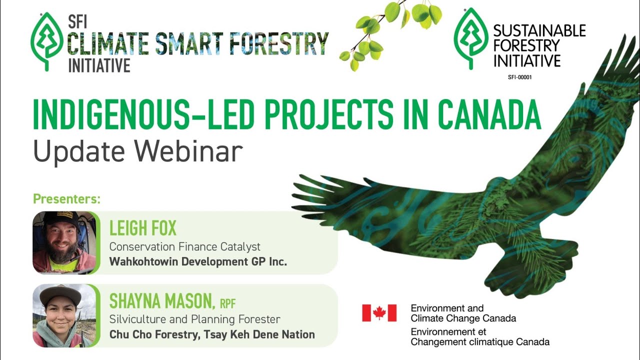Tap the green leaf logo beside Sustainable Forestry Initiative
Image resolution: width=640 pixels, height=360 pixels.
click(x=470, y=38)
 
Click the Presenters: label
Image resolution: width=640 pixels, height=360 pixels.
click(x=67, y=199)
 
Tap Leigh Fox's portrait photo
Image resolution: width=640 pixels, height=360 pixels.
click(x=64, y=242)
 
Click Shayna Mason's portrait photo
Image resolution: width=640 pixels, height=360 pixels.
click(x=64, y=315)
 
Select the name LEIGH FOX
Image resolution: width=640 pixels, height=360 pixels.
click(x=143, y=229)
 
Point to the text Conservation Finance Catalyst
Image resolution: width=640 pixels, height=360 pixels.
click(x=185, y=246)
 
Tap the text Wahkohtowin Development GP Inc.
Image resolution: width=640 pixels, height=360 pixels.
click(x=198, y=261)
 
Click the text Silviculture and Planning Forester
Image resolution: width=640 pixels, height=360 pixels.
click(x=195, y=319)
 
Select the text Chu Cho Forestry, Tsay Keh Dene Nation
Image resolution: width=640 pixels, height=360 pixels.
click(x=212, y=334)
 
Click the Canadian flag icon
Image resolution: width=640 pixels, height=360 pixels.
click(x=379, y=313)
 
